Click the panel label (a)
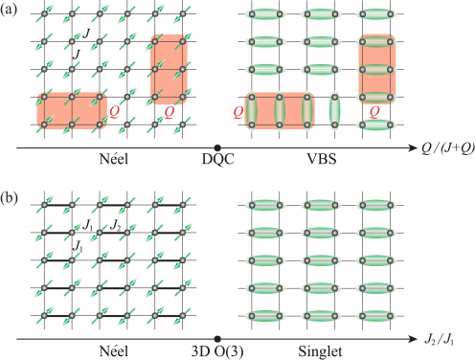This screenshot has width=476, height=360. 11,11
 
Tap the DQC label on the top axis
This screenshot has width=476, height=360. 218,159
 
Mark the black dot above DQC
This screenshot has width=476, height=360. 218,147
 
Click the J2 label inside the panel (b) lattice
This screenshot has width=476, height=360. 114,227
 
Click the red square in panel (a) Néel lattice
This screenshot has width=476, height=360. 167,68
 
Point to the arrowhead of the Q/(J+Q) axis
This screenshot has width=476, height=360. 413,147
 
